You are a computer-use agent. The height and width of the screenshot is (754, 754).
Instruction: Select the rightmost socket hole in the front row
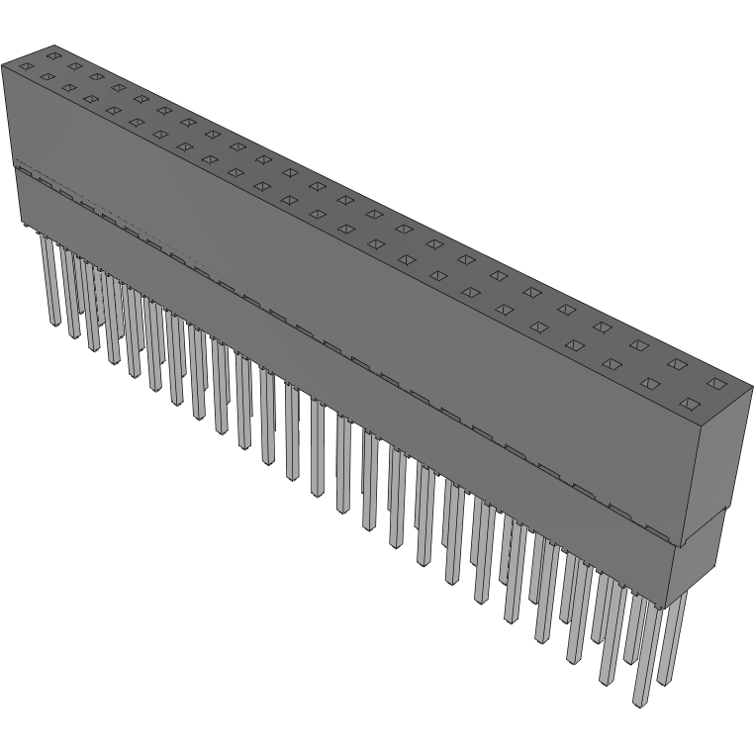[691, 404]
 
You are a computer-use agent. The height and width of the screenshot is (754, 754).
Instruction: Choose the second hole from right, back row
[678, 363]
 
